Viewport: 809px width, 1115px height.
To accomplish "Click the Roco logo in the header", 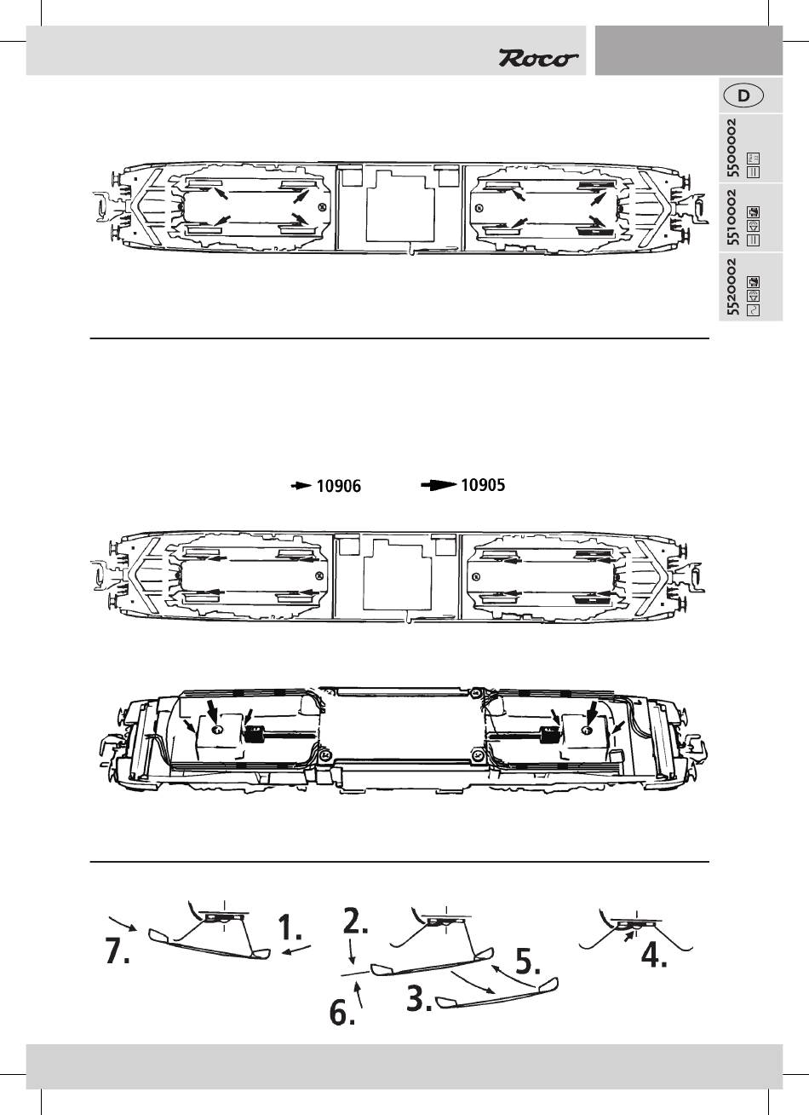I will [x=538, y=58].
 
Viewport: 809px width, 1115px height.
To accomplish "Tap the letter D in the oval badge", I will [x=743, y=95].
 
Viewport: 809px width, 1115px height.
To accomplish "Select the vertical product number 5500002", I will [x=732, y=148].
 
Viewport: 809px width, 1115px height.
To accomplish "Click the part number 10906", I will [x=339, y=487].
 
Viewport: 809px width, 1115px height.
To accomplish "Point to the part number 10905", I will [x=483, y=485].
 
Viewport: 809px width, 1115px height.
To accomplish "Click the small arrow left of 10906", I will [x=301, y=487].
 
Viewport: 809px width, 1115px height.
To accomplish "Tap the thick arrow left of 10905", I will [x=439, y=485].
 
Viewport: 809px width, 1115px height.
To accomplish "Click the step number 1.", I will [x=296, y=927].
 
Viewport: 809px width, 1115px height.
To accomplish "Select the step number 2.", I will [x=356, y=921].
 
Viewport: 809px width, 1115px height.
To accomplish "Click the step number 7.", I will [x=118, y=952].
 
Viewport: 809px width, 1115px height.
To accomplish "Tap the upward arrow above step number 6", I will [x=360, y=991].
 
